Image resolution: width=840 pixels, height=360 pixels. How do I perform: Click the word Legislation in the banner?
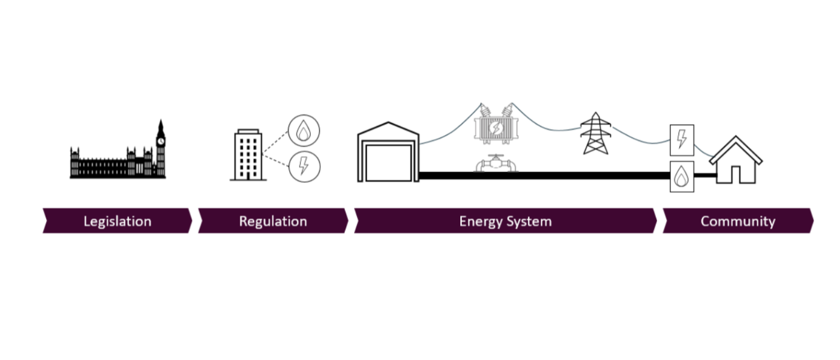[117, 221]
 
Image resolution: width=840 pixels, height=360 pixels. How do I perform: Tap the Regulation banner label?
[273, 221]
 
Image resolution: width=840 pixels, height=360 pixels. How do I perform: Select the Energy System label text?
[505, 221]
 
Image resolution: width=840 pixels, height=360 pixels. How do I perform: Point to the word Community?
[737, 221]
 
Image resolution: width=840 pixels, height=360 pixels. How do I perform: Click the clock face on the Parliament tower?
[161, 141]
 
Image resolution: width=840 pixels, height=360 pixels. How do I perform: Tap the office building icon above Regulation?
[247, 155]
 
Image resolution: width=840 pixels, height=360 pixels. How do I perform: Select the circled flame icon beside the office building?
[304, 130]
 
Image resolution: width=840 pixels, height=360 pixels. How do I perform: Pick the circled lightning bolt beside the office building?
[304, 166]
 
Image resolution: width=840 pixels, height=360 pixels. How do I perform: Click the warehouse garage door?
[388, 162]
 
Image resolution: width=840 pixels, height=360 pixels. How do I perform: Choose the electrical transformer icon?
[495, 128]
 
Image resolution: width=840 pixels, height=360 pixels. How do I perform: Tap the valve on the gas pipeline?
[495, 163]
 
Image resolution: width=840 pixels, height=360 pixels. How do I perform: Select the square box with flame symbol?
[682, 176]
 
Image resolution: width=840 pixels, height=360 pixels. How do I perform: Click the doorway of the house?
[736, 174]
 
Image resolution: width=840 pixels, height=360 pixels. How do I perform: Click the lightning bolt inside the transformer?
[495, 129]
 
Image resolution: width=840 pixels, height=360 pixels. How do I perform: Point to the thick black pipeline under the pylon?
[595, 176]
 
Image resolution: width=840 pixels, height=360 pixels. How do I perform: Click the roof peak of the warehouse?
[388, 124]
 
